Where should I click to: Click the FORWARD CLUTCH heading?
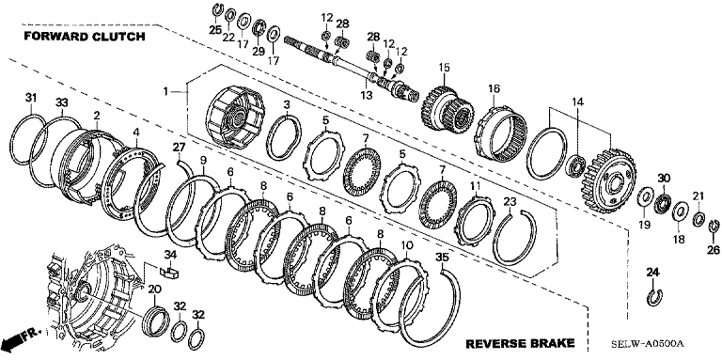pyautogui.click(x=85, y=37)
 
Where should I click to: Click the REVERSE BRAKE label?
pyautogui.click(x=520, y=343)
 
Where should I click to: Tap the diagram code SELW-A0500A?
pyautogui.click(x=648, y=344)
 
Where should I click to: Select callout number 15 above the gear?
pyautogui.click(x=444, y=68)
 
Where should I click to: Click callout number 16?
pyautogui.click(x=494, y=88)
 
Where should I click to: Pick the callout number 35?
pyautogui.click(x=442, y=258)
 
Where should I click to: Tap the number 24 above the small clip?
pyautogui.click(x=652, y=272)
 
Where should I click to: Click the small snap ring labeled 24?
pyautogui.click(x=654, y=297)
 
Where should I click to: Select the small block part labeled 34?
pyautogui.click(x=170, y=270)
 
